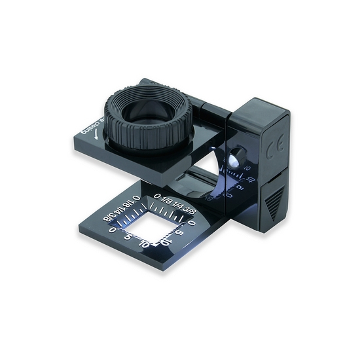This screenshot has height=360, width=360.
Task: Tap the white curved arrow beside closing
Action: coord(96,137)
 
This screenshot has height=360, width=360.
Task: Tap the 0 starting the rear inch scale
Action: coord(157,194)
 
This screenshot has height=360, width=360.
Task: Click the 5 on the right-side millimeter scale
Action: coord(178,232)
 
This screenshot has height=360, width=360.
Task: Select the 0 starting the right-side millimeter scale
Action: coord(191,223)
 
